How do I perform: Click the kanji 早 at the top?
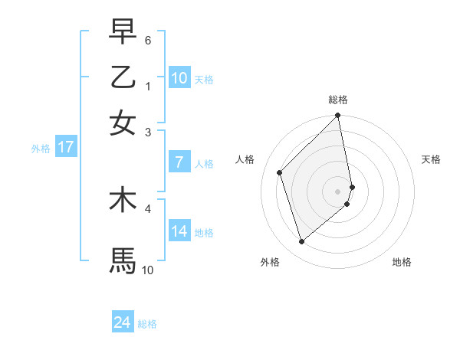pos(123,31)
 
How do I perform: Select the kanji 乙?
pos(123,77)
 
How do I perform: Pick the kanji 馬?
pos(123,260)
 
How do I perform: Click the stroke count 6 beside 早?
pos(148,40)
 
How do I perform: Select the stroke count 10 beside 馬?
pos(148,270)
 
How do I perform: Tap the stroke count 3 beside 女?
pos(148,132)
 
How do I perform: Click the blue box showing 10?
pos(179,78)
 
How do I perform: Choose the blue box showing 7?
pos(179,162)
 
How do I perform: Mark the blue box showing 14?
pos(179,231)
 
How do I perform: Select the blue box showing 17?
pos(65,147)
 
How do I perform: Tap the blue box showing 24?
pos(123,322)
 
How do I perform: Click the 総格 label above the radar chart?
pos(338,100)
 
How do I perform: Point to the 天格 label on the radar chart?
pos(431,159)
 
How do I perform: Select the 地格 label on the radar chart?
pos(402,262)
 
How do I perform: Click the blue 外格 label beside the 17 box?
pos(41,149)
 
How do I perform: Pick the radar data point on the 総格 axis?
pos(338,116)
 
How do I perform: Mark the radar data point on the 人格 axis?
pos(280,172)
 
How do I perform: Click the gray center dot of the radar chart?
pos(338,191)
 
